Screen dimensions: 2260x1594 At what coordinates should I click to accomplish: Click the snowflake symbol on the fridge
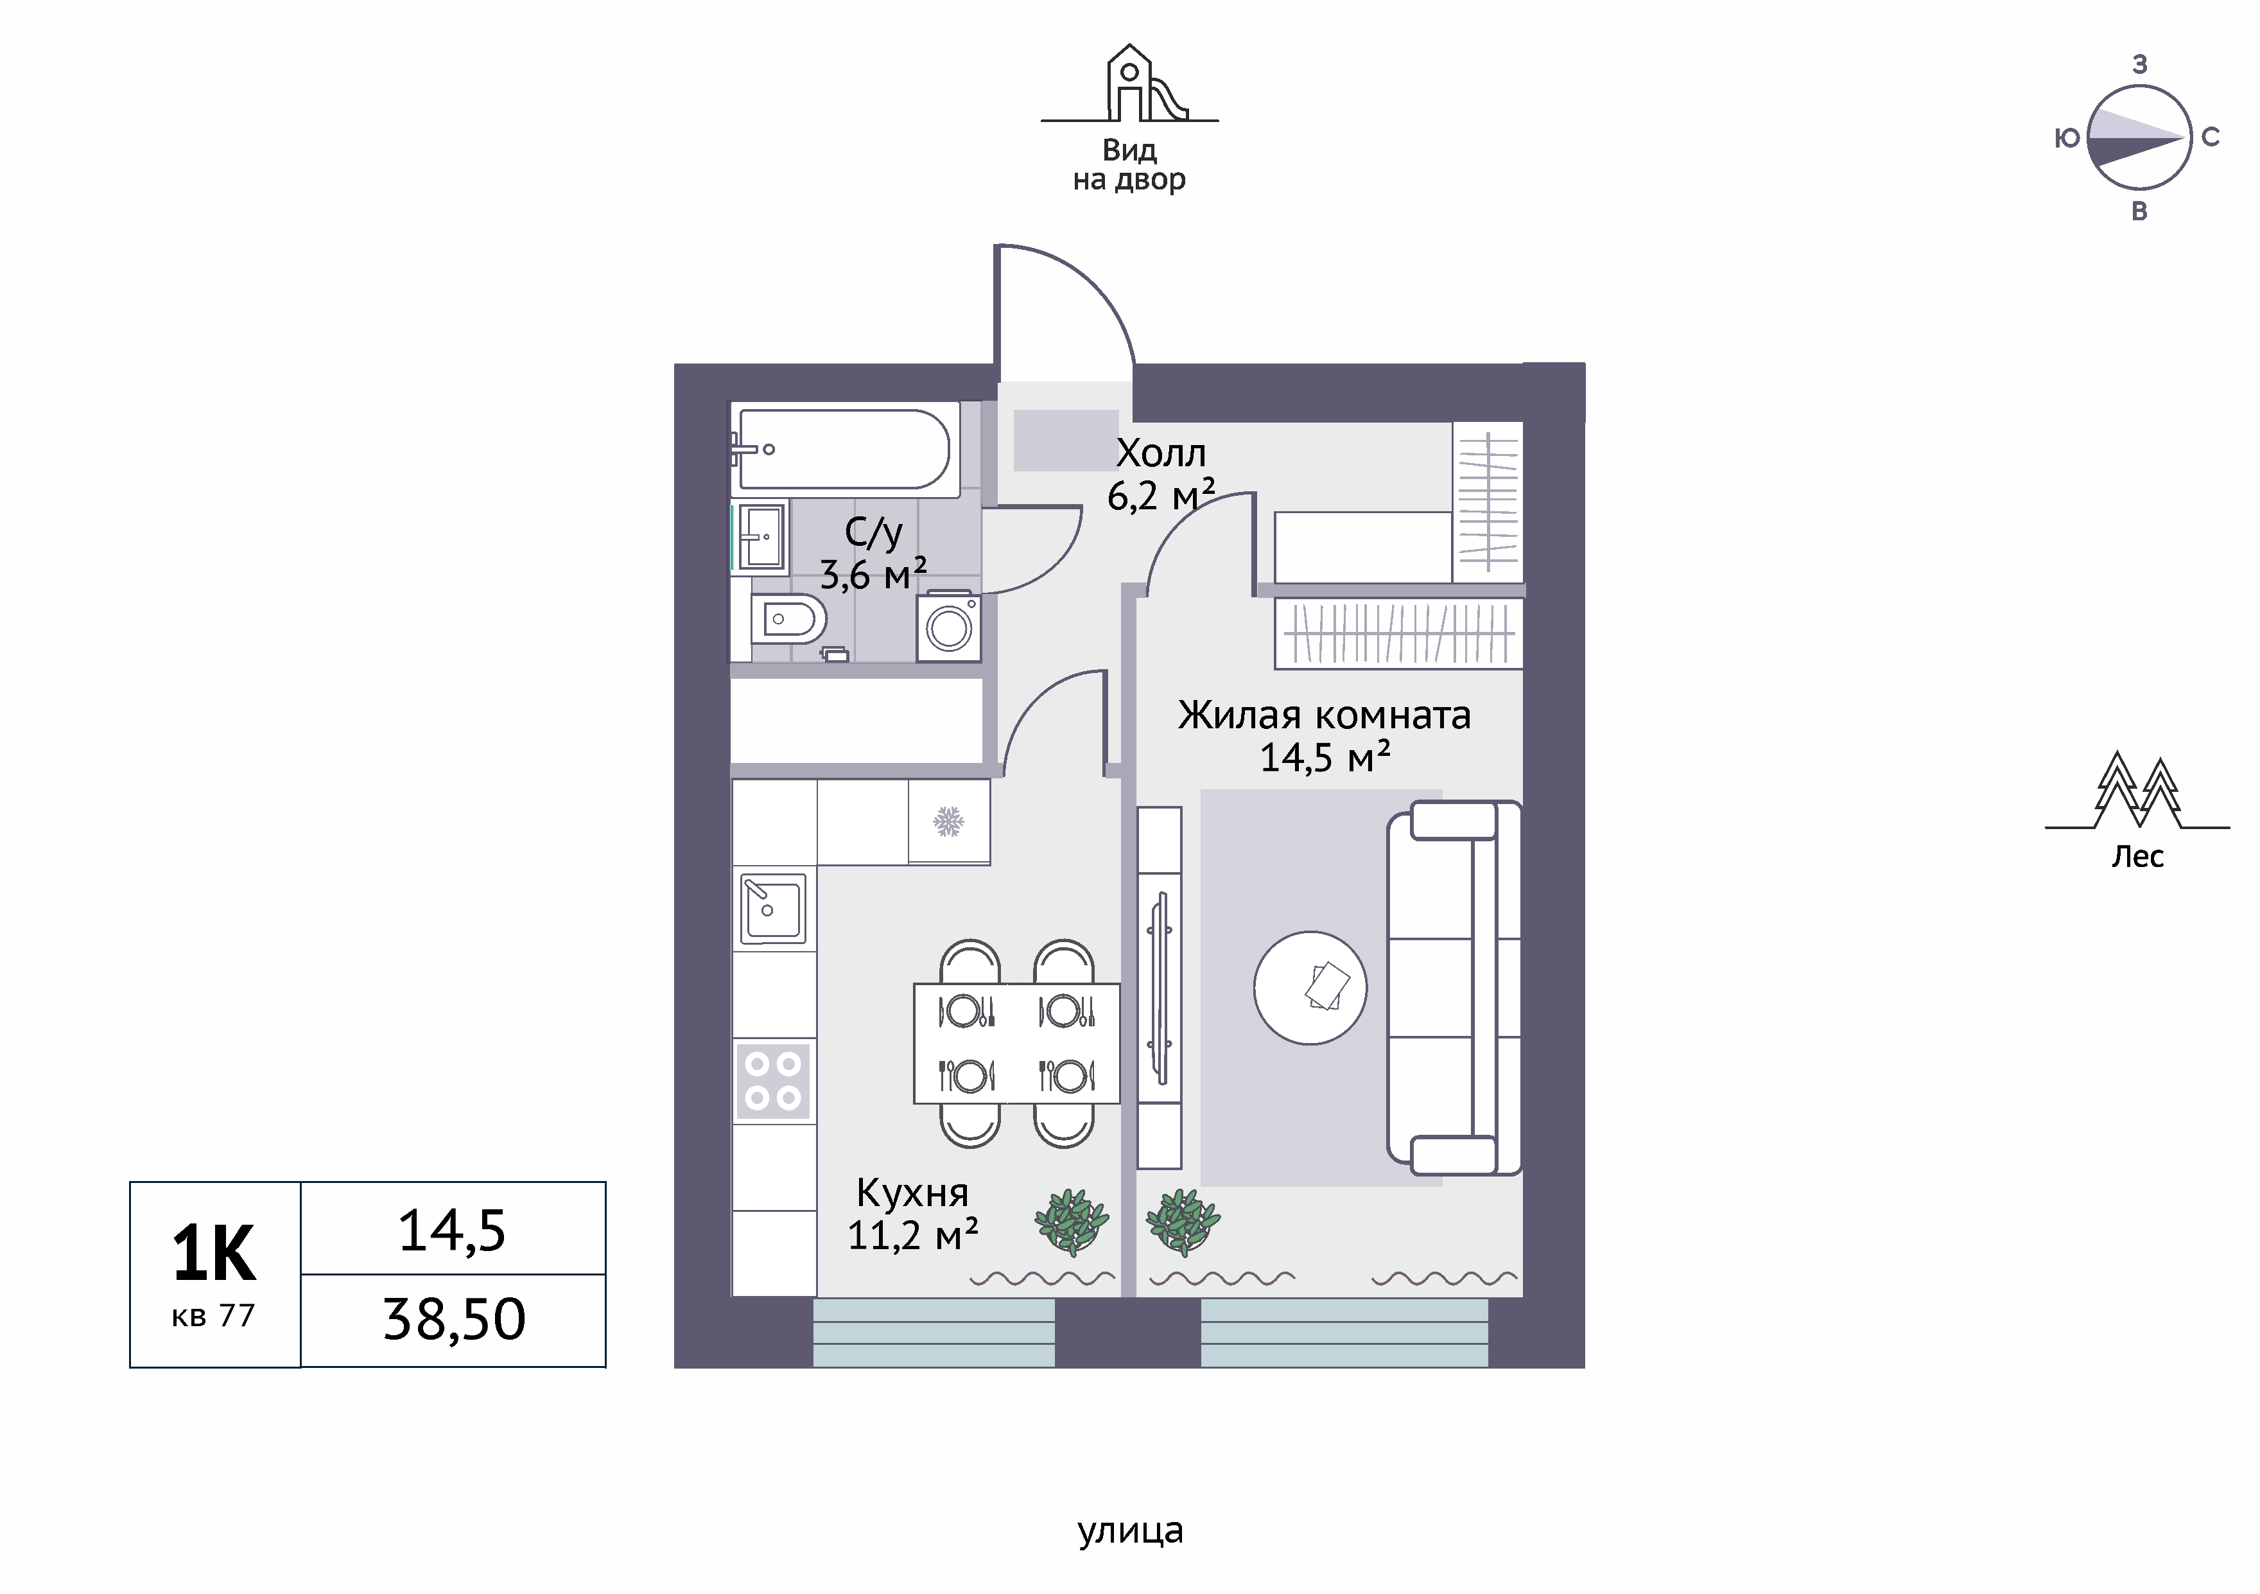click(948, 821)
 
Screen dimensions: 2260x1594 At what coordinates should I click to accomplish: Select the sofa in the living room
click(1454, 988)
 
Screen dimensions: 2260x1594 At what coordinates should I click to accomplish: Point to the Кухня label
click(912, 1193)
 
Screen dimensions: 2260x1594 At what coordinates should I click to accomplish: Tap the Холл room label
click(1161, 453)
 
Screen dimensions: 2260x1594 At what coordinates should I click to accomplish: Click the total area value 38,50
click(454, 1319)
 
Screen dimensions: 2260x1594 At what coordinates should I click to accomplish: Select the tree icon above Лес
click(2137, 791)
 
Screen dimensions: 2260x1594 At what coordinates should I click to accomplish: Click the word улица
click(1130, 1531)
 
